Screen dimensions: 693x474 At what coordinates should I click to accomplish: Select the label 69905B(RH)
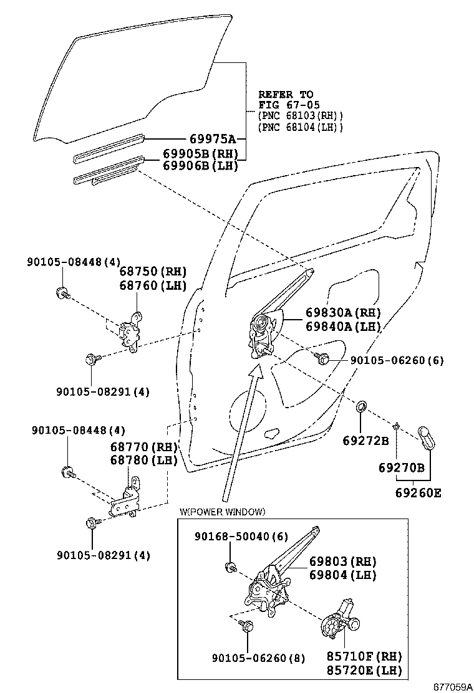[x=200, y=154]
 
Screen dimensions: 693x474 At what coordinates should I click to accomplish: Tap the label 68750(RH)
[x=153, y=272]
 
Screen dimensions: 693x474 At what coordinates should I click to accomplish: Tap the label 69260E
[x=417, y=492]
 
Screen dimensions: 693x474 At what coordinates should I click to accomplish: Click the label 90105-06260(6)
[x=396, y=360]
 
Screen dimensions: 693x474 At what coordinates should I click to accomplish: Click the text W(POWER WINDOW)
[x=222, y=512]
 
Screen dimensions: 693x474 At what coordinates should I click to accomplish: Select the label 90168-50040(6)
[x=233, y=536]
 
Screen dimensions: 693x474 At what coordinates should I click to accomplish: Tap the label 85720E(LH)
[x=364, y=670]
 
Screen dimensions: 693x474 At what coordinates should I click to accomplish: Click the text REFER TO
[x=286, y=95]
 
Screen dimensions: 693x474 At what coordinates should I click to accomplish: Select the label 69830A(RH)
[x=343, y=313]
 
